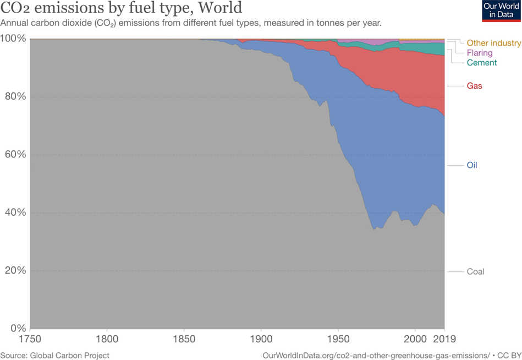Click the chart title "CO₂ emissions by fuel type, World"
[x=121, y=9]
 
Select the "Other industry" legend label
[x=493, y=43]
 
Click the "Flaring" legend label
[x=479, y=53]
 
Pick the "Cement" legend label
[x=481, y=63]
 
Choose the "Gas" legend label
[x=474, y=86]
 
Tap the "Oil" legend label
[x=472, y=165]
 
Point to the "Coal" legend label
[x=475, y=271]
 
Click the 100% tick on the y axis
[x=14, y=39]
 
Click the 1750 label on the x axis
[x=30, y=339]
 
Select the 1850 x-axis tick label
[x=184, y=339]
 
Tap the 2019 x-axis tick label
[x=444, y=339]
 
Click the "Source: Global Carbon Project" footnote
[x=55, y=356]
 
